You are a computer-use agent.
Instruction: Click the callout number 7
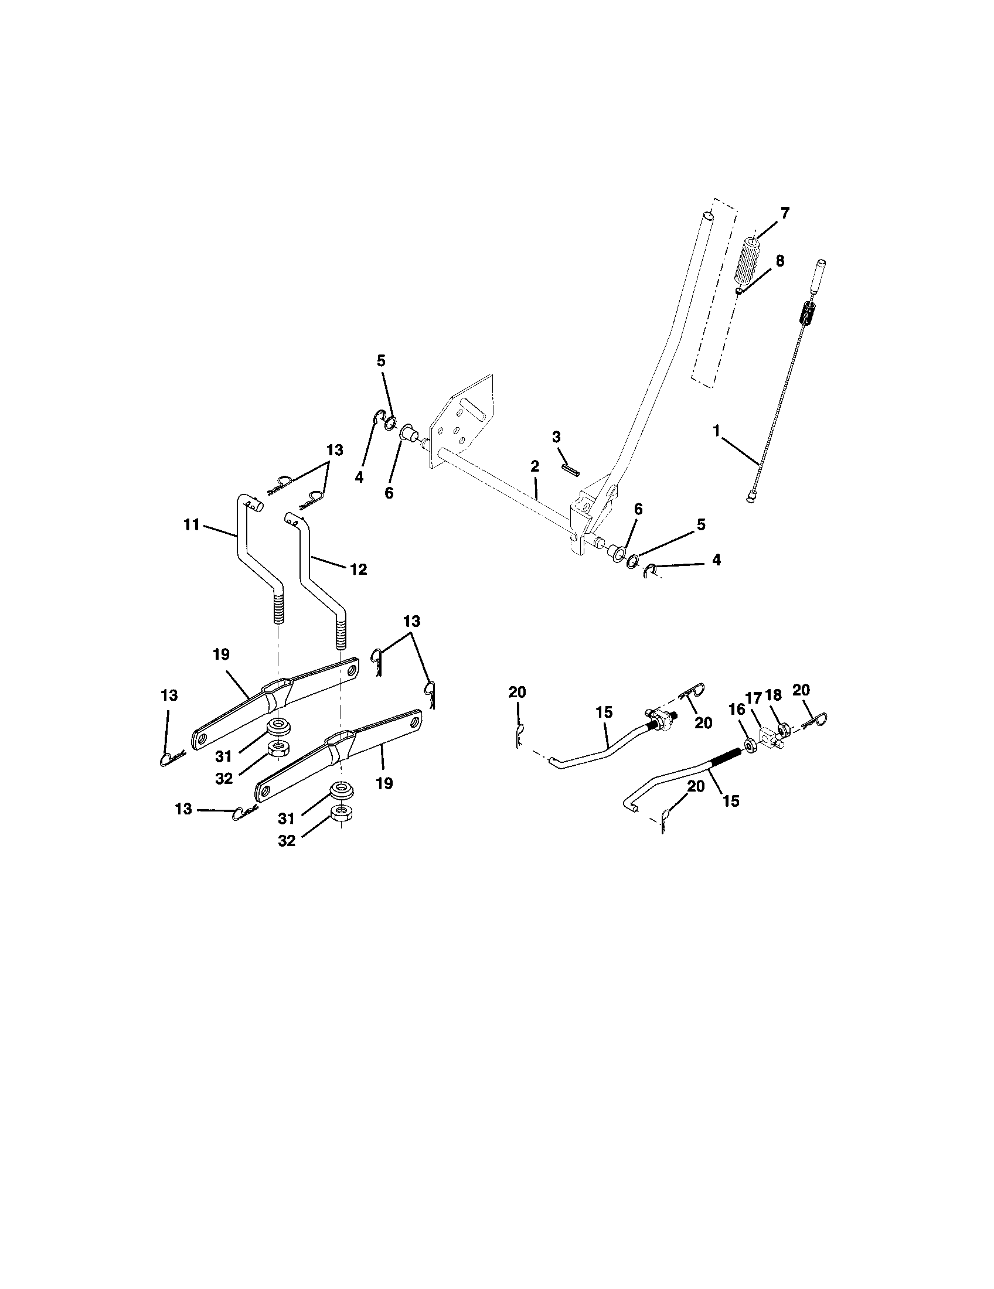coord(784,213)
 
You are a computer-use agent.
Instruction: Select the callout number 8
coord(779,261)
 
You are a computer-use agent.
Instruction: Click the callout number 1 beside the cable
coord(717,431)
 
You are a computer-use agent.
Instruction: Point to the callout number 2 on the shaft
coord(534,466)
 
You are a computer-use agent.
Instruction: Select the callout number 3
coord(556,437)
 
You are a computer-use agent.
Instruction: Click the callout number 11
coord(191,524)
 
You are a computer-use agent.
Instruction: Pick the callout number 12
coord(358,570)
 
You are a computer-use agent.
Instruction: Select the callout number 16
coord(737,710)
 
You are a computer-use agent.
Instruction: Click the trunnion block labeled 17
coord(768,738)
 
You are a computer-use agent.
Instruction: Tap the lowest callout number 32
coord(286,840)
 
